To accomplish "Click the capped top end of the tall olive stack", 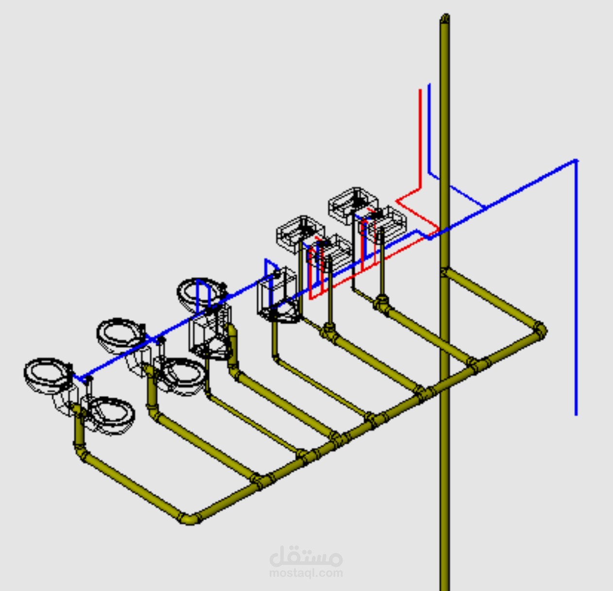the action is point(444,17).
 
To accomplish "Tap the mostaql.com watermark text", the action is point(306,573).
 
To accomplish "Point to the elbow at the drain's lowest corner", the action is point(188,518).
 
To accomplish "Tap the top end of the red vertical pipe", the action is point(420,90).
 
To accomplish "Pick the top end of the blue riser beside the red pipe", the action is point(429,84).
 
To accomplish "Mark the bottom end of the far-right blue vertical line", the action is point(576,415).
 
